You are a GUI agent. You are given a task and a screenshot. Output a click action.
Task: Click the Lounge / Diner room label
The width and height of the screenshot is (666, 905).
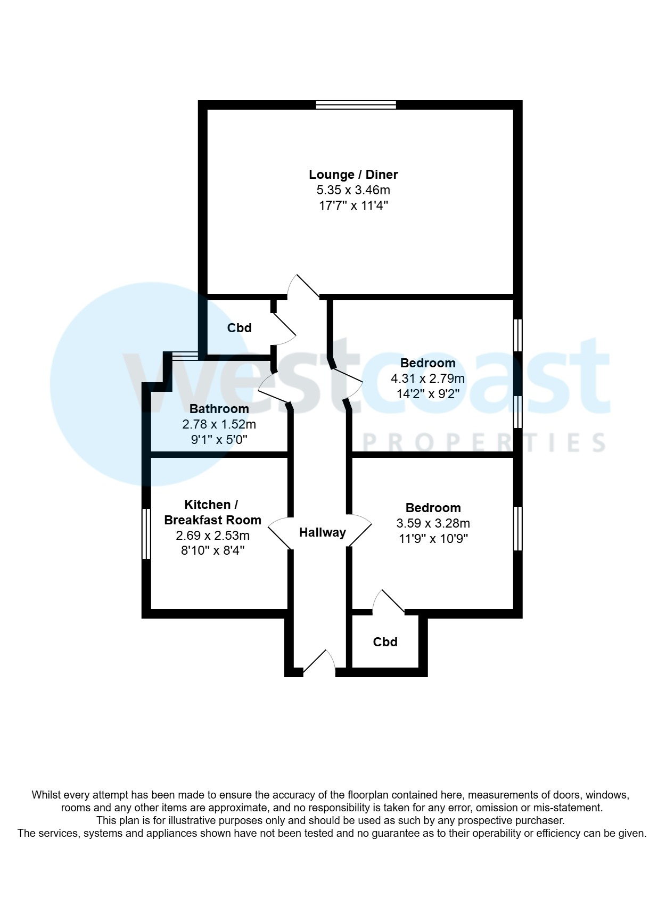353,175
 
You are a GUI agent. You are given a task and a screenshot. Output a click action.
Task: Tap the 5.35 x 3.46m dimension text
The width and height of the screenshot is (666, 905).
353,190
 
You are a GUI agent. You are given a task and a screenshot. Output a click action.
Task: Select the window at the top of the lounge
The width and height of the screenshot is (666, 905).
356,105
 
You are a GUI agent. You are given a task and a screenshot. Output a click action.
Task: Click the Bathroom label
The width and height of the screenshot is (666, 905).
219,409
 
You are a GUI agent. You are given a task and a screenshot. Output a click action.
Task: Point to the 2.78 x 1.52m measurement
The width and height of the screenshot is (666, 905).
219,424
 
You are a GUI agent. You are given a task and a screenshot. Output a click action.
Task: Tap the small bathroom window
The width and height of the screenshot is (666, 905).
185,356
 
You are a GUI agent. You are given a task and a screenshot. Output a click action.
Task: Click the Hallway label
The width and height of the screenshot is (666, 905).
323,532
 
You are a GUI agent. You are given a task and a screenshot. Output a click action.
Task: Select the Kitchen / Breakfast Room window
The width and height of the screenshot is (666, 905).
146,533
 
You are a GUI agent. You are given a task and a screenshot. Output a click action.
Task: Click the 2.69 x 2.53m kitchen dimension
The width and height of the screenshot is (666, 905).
212,536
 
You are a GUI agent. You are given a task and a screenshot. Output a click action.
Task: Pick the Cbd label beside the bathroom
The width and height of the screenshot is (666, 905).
239,327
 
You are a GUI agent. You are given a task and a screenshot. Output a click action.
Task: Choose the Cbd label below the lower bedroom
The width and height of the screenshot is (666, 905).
385,642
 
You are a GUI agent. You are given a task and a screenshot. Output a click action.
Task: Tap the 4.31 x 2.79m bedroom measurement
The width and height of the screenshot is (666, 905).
427,379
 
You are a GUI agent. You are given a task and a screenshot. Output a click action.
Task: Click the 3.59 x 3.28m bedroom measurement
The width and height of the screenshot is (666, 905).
433,523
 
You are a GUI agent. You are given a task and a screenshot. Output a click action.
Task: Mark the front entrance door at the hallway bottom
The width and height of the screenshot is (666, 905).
319,663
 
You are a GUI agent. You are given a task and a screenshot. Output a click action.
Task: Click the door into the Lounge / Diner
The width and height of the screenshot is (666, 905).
303,287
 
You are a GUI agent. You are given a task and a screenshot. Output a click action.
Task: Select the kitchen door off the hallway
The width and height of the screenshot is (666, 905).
279,533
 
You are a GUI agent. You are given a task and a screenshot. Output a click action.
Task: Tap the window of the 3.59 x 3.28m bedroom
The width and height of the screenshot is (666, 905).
517,529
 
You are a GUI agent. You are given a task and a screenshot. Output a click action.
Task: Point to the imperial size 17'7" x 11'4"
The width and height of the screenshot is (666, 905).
353,205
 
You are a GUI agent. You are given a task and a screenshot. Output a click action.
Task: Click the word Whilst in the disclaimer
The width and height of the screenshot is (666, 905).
46,795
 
